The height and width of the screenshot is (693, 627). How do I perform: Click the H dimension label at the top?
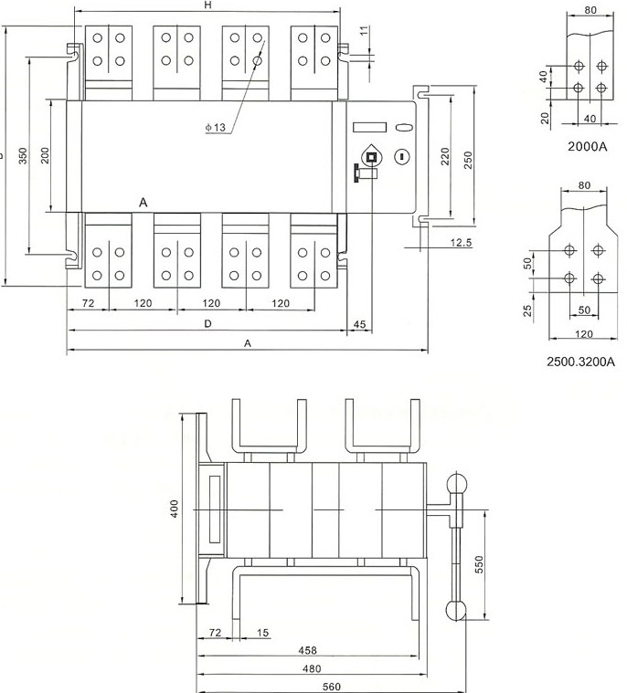click(207, 6)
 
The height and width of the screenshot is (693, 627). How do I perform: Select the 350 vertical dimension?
click(23, 155)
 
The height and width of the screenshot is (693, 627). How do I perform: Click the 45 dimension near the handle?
click(359, 324)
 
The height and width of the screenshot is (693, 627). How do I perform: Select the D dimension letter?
click(207, 324)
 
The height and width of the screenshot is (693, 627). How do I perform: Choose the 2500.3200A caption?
click(580, 362)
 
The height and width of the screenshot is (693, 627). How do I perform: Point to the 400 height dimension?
click(175, 508)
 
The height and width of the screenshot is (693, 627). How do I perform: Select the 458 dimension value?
click(309, 651)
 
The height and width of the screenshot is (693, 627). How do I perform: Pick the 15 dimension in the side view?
click(263, 632)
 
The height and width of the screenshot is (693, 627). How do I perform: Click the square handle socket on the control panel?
click(371, 157)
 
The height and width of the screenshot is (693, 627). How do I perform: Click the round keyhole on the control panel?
click(399, 158)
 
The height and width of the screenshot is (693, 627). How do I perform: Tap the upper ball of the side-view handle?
click(456, 485)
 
